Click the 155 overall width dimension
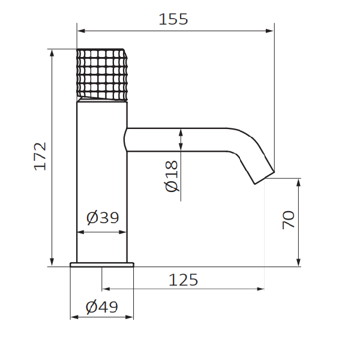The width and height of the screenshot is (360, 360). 173,19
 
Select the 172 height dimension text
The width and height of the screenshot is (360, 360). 40,157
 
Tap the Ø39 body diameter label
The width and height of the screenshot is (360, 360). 103,217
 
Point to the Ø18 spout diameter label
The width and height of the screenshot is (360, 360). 172,176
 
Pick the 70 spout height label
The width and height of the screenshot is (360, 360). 289,220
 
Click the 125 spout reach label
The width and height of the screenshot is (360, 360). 183,280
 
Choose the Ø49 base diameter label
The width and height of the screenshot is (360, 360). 102,307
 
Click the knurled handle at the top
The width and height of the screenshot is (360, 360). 102,75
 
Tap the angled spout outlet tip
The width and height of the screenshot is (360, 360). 265,178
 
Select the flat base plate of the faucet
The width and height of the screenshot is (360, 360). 102,265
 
